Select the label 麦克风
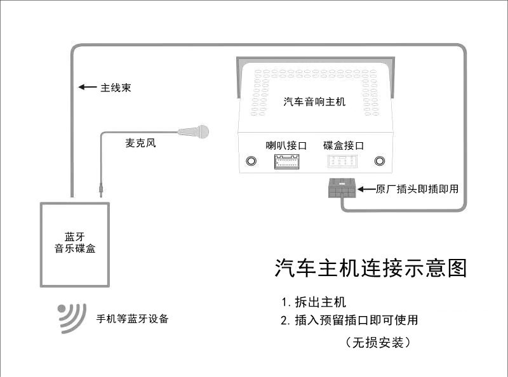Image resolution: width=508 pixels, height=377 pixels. pos(140,143)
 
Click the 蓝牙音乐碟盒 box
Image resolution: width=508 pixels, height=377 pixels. pos(76,243)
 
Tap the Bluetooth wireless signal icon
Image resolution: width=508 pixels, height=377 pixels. pos(72,317)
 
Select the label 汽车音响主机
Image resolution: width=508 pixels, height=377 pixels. pos(314,102)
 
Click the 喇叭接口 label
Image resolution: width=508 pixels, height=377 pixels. pos(286,145)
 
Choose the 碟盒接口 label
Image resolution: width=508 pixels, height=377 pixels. pos(343,145)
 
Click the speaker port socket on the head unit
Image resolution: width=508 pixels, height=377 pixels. pos(286,162)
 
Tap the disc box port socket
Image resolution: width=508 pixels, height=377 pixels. pos(344,162)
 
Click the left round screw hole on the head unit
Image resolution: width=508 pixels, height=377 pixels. pos(251,161)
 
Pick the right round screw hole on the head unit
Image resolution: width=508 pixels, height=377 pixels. pos(380,161)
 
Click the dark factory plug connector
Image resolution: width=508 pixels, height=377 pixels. pos(342,189)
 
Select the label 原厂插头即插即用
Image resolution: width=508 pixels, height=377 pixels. pos(417,189)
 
